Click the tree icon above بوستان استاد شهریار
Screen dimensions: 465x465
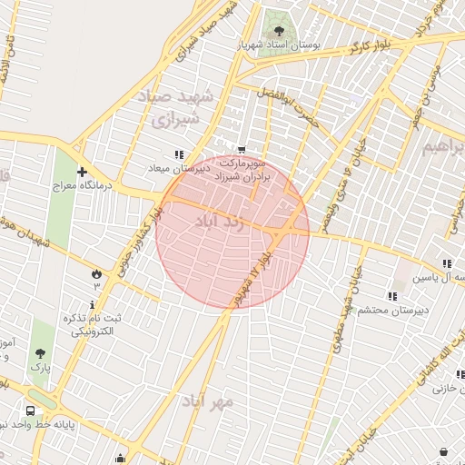[x=278, y=33]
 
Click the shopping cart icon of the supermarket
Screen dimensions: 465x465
[x=242, y=150]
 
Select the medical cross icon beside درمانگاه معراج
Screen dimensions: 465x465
[x=83, y=172]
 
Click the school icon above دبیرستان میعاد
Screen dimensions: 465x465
[x=179, y=154]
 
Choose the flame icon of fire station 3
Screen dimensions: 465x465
[x=96, y=272]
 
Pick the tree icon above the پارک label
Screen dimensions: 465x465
[x=40, y=353]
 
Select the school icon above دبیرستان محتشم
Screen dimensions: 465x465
[x=391, y=296]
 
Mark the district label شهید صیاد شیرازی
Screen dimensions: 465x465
[x=178, y=107]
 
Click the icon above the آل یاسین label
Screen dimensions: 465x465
[x=447, y=263]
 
